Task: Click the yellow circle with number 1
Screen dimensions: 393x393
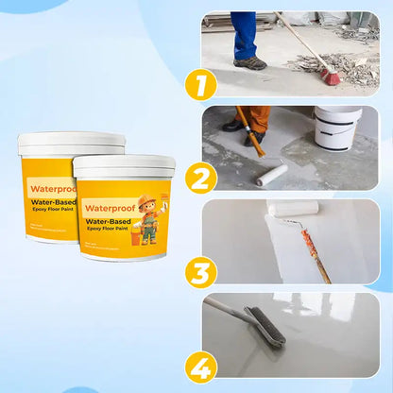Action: click(x=199, y=84)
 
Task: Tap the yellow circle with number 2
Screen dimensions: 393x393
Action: click(x=199, y=178)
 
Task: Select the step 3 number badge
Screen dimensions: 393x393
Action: click(x=199, y=272)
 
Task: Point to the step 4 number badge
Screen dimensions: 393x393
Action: click(x=199, y=366)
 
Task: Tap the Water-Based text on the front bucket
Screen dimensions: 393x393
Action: click(x=111, y=224)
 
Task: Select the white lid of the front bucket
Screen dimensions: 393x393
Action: click(x=124, y=166)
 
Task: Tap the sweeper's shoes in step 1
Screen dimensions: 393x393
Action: click(x=250, y=62)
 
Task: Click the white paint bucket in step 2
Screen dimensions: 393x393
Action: click(x=338, y=128)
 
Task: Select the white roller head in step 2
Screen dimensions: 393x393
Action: click(x=272, y=175)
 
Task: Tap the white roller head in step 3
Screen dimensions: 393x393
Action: click(x=292, y=207)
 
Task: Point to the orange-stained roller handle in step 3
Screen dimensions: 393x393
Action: click(x=316, y=251)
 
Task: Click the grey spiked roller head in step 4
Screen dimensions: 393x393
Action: click(x=264, y=325)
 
